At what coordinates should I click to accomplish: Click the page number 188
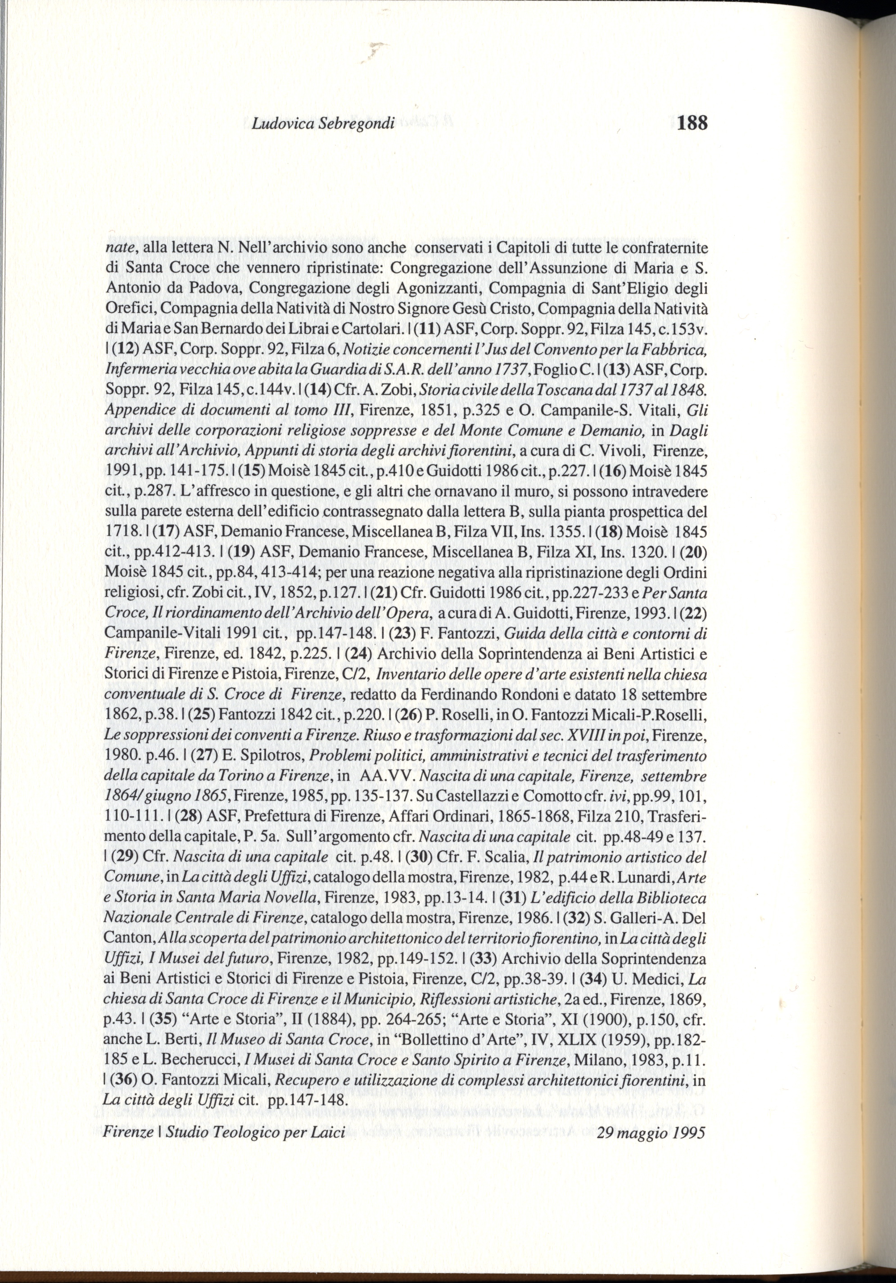click(692, 122)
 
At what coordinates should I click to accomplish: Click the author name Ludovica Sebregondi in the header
click(323, 123)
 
